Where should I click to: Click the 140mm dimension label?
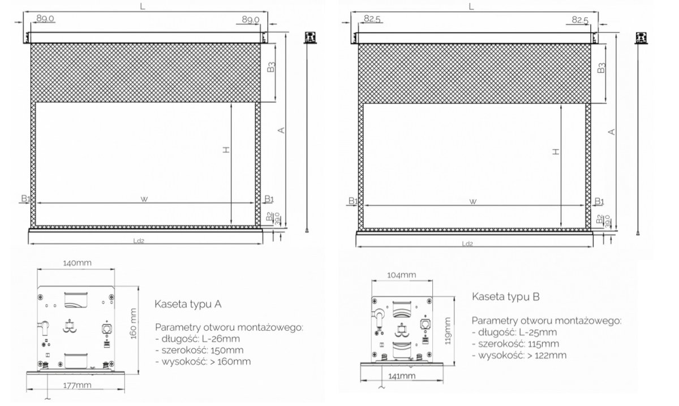tap(77, 263)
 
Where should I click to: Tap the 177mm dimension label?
tap(77, 385)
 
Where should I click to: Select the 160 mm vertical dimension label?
tap(134, 323)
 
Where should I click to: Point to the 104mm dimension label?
tap(401, 275)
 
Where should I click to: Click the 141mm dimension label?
tap(402, 375)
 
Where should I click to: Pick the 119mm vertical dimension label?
tap(448, 331)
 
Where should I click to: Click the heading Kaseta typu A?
tap(188, 304)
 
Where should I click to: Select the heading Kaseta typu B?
tap(506, 296)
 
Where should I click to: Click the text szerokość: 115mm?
tap(518, 344)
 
